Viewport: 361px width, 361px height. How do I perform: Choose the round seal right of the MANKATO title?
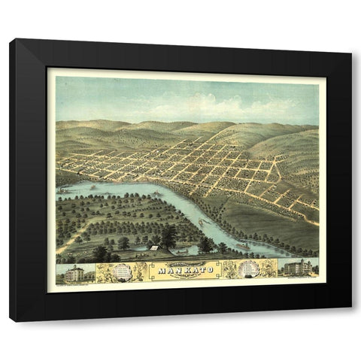[x=248, y=269]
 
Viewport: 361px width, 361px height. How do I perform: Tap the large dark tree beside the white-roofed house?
[x=168, y=238]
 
